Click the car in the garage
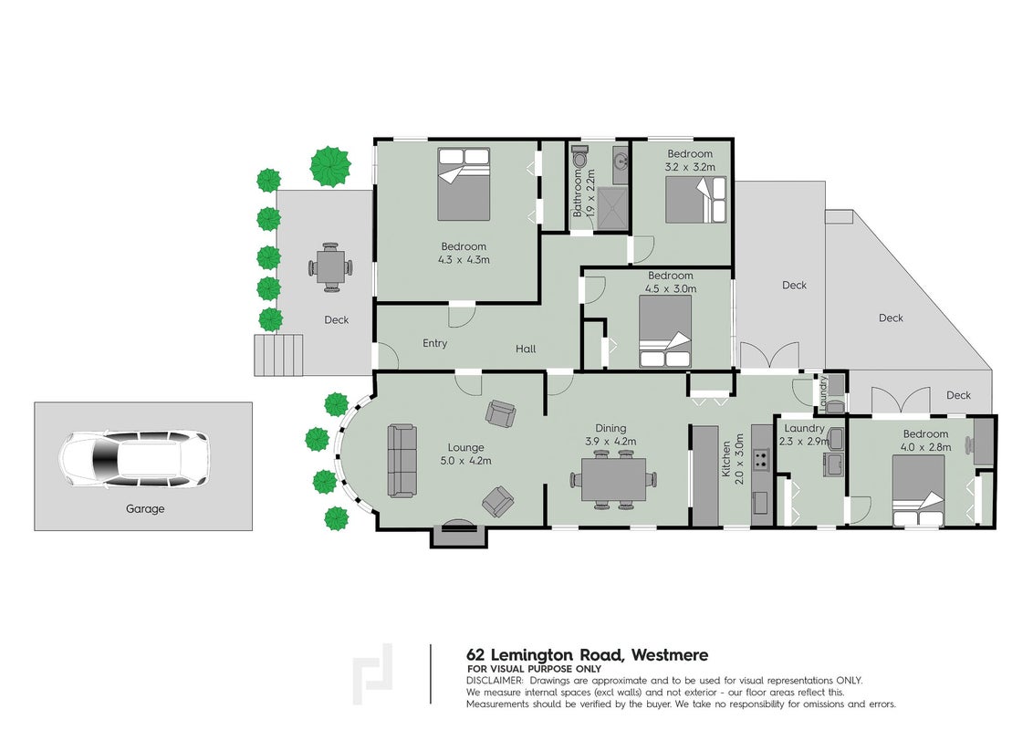pyautogui.click(x=134, y=459)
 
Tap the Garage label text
pyautogui.click(x=145, y=508)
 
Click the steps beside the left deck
pyautogui.click(x=278, y=355)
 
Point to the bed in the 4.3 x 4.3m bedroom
pyautogui.click(x=464, y=183)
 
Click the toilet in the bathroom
pyautogui.click(x=579, y=158)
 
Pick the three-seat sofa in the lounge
pyautogui.click(x=402, y=461)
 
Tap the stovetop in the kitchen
pyautogui.click(x=762, y=459)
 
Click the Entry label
pyautogui.click(x=434, y=343)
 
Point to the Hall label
pyautogui.click(x=526, y=349)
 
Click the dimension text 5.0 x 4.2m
pyautogui.click(x=465, y=461)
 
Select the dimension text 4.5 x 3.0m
pyautogui.click(x=671, y=288)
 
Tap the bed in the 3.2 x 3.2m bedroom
pyautogui.click(x=695, y=200)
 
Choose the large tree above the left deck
pyautogui.click(x=330, y=166)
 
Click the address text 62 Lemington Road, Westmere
pyautogui.click(x=587, y=655)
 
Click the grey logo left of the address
pyautogui.click(x=373, y=674)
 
